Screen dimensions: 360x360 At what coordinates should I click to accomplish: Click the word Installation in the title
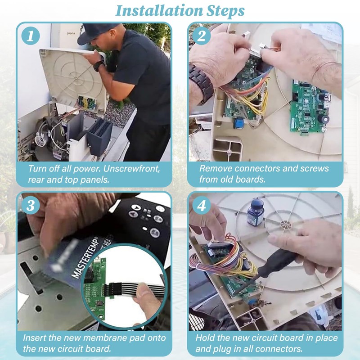click(x=158, y=10)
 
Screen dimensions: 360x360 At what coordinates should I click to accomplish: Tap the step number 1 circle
click(x=31, y=36)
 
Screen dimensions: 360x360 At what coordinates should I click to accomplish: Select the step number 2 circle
click(x=201, y=36)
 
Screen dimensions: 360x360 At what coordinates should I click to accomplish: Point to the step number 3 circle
click(x=31, y=205)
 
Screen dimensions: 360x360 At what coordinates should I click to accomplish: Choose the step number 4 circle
click(x=201, y=205)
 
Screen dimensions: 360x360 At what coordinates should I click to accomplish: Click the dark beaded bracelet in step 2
click(x=202, y=83)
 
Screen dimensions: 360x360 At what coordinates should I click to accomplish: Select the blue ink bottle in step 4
click(x=256, y=212)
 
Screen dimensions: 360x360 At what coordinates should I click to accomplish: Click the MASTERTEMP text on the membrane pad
click(x=86, y=257)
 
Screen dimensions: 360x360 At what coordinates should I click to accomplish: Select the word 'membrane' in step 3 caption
click(x=105, y=338)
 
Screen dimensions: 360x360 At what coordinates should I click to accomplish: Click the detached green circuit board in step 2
click(x=310, y=107)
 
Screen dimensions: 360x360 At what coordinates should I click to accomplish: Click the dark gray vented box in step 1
click(x=99, y=136)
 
